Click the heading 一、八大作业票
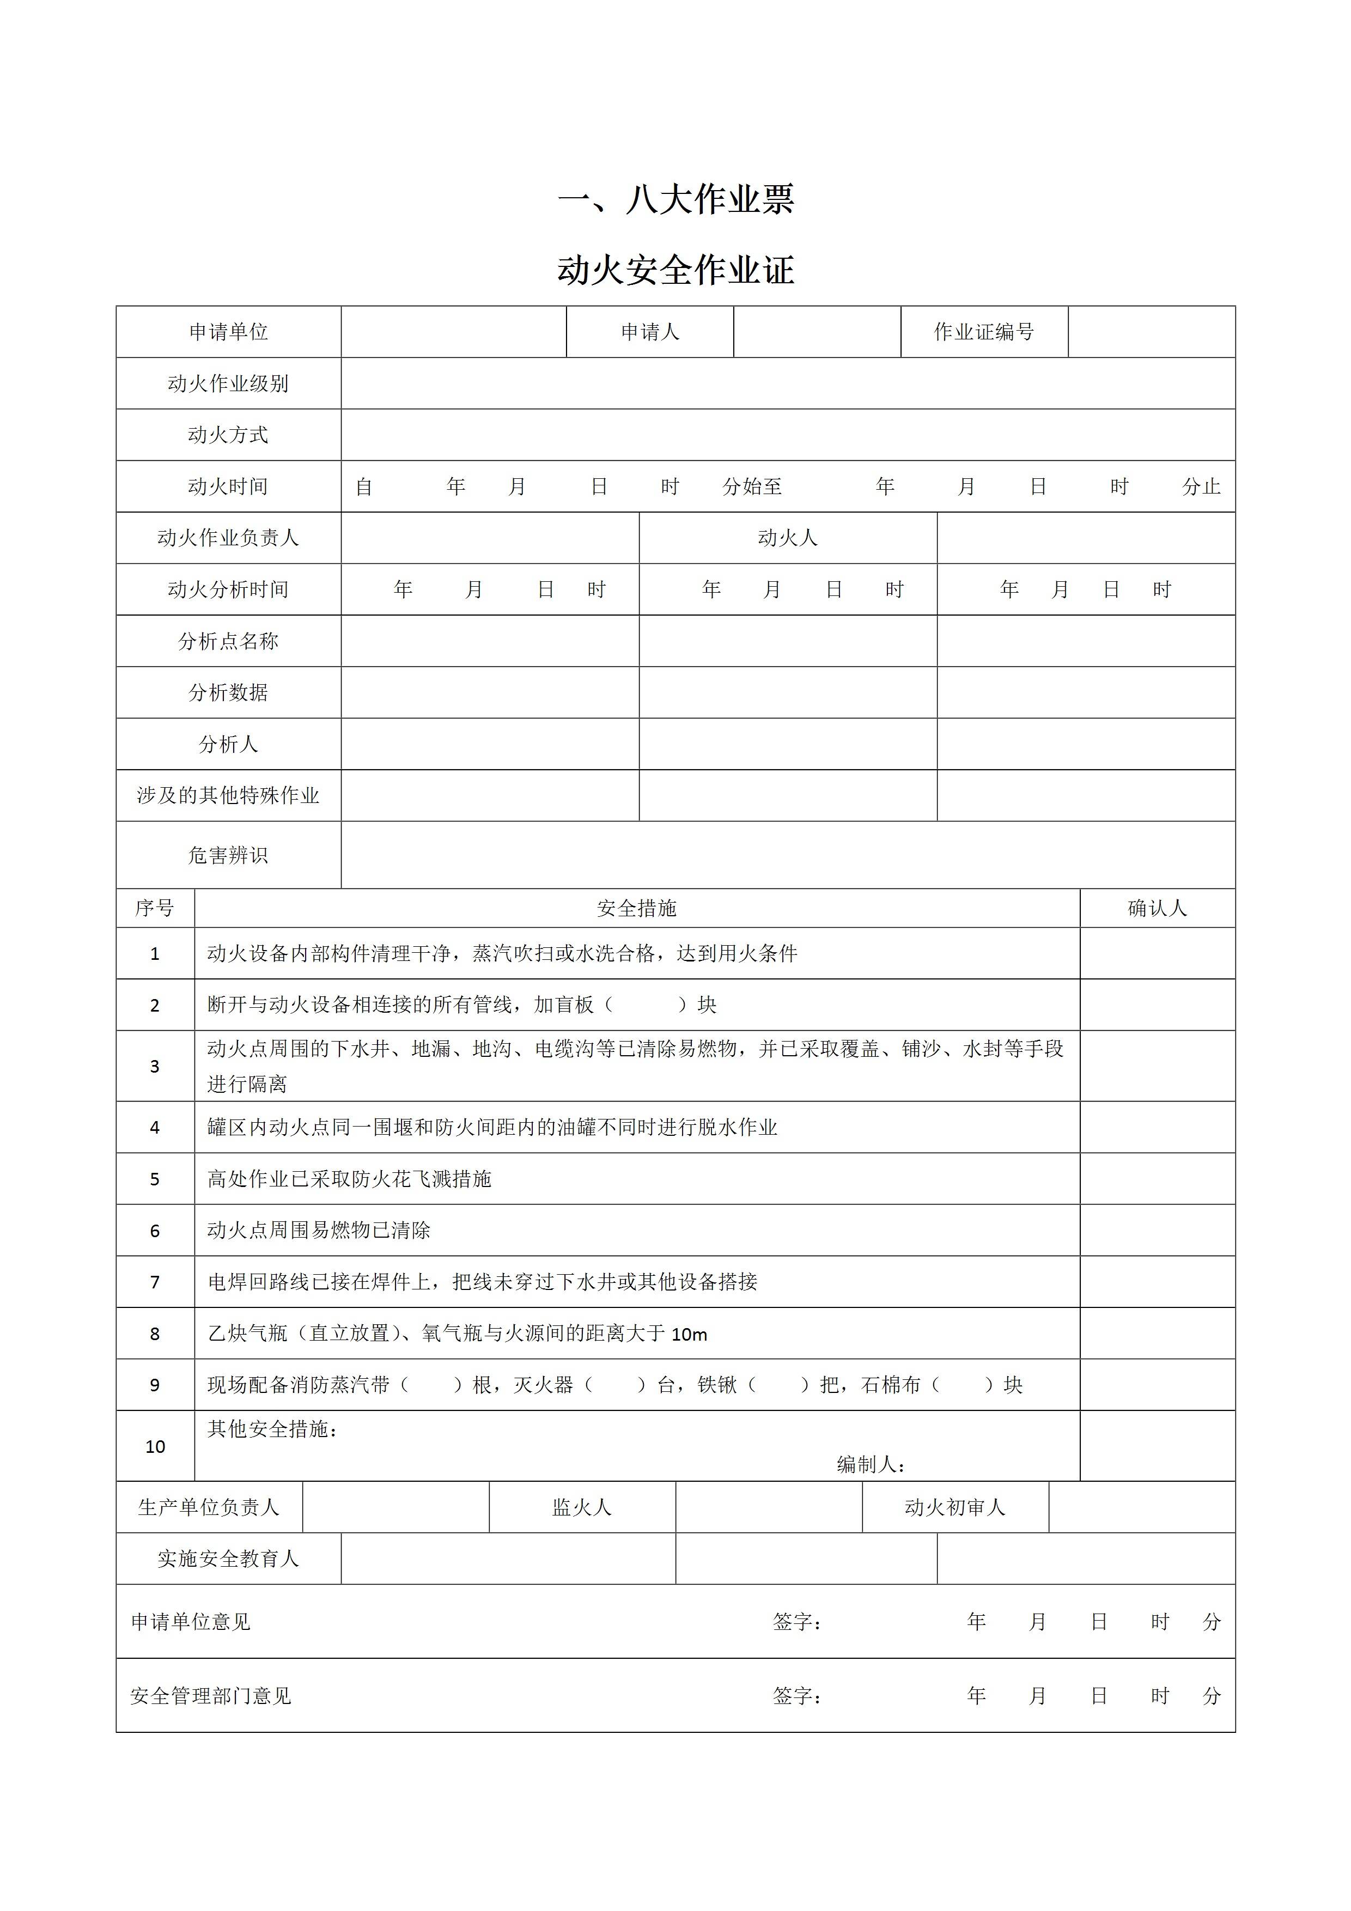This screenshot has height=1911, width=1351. tap(675, 199)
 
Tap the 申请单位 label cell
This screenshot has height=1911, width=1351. tap(228, 332)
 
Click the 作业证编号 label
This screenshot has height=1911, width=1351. tap(984, 332)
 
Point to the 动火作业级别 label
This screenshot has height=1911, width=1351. tap(228, 384)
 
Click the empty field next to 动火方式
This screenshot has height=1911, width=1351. tap(788, 435)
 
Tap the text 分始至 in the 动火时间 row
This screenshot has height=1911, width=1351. tap(752, 487)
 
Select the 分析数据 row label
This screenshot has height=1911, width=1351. tap(228, 692)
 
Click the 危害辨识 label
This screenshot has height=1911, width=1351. tap(228, 856)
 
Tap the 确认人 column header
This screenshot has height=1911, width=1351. tap(1157, 908)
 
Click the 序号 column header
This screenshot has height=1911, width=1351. tap(155, 908)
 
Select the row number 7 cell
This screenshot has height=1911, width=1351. tap(155, 1282)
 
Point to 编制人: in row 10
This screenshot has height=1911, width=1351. tap(871, 1465)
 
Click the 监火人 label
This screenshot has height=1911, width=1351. tap(582, 1507)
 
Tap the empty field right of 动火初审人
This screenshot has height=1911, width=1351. tap(1141, 1507)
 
